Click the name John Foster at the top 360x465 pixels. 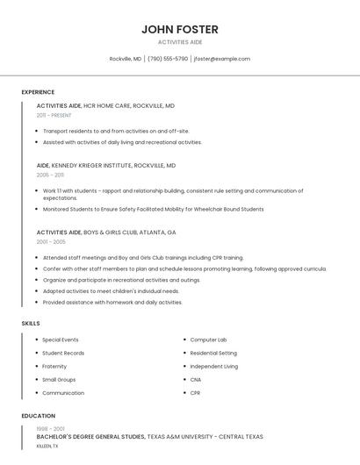(x=180, y=29)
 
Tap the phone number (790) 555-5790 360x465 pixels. (x=167, y=59)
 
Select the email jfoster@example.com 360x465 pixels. (x=222, y=59)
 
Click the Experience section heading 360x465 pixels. (x=38, y=92)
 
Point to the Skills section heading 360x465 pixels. (x=31, y=324)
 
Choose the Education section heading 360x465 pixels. (x=39, y=416)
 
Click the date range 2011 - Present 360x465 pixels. (x=54, y=115)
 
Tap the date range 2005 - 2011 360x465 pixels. (x=50, y=175)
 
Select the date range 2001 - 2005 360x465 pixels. (x=51, y=241)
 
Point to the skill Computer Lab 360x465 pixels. (x=209, y=340)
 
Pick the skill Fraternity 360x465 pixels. (x=54, y=367)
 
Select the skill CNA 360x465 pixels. (x=196, y=380)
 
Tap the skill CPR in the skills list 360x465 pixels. (x=196, y=393)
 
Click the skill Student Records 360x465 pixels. (x=63, y=353)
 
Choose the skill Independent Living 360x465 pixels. (x=214, y=367)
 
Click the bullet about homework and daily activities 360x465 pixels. (x=112, y=303)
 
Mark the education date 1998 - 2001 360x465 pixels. (x=49, y=429)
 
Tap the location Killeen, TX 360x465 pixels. (x=47, y=446)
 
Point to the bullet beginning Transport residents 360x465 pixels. (x=116, y=131)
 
